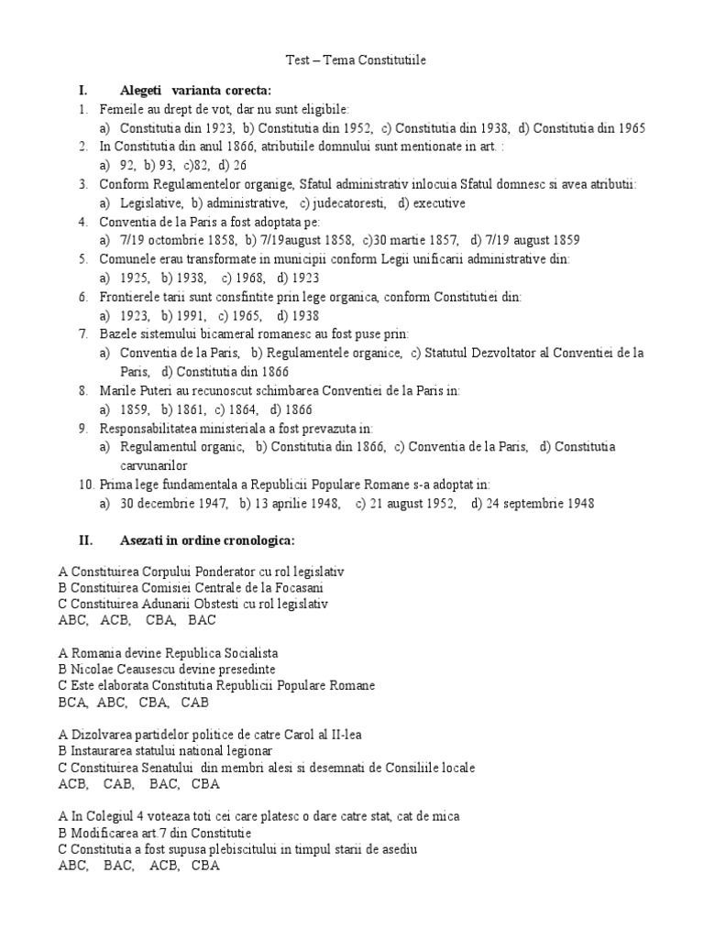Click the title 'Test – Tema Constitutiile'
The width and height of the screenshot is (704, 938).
tap(352, 60)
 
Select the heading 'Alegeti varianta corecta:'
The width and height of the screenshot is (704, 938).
tap(195, 90)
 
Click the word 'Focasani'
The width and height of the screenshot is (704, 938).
tap(294, 587)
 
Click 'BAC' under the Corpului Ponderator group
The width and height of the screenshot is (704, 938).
tap(202, 620)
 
